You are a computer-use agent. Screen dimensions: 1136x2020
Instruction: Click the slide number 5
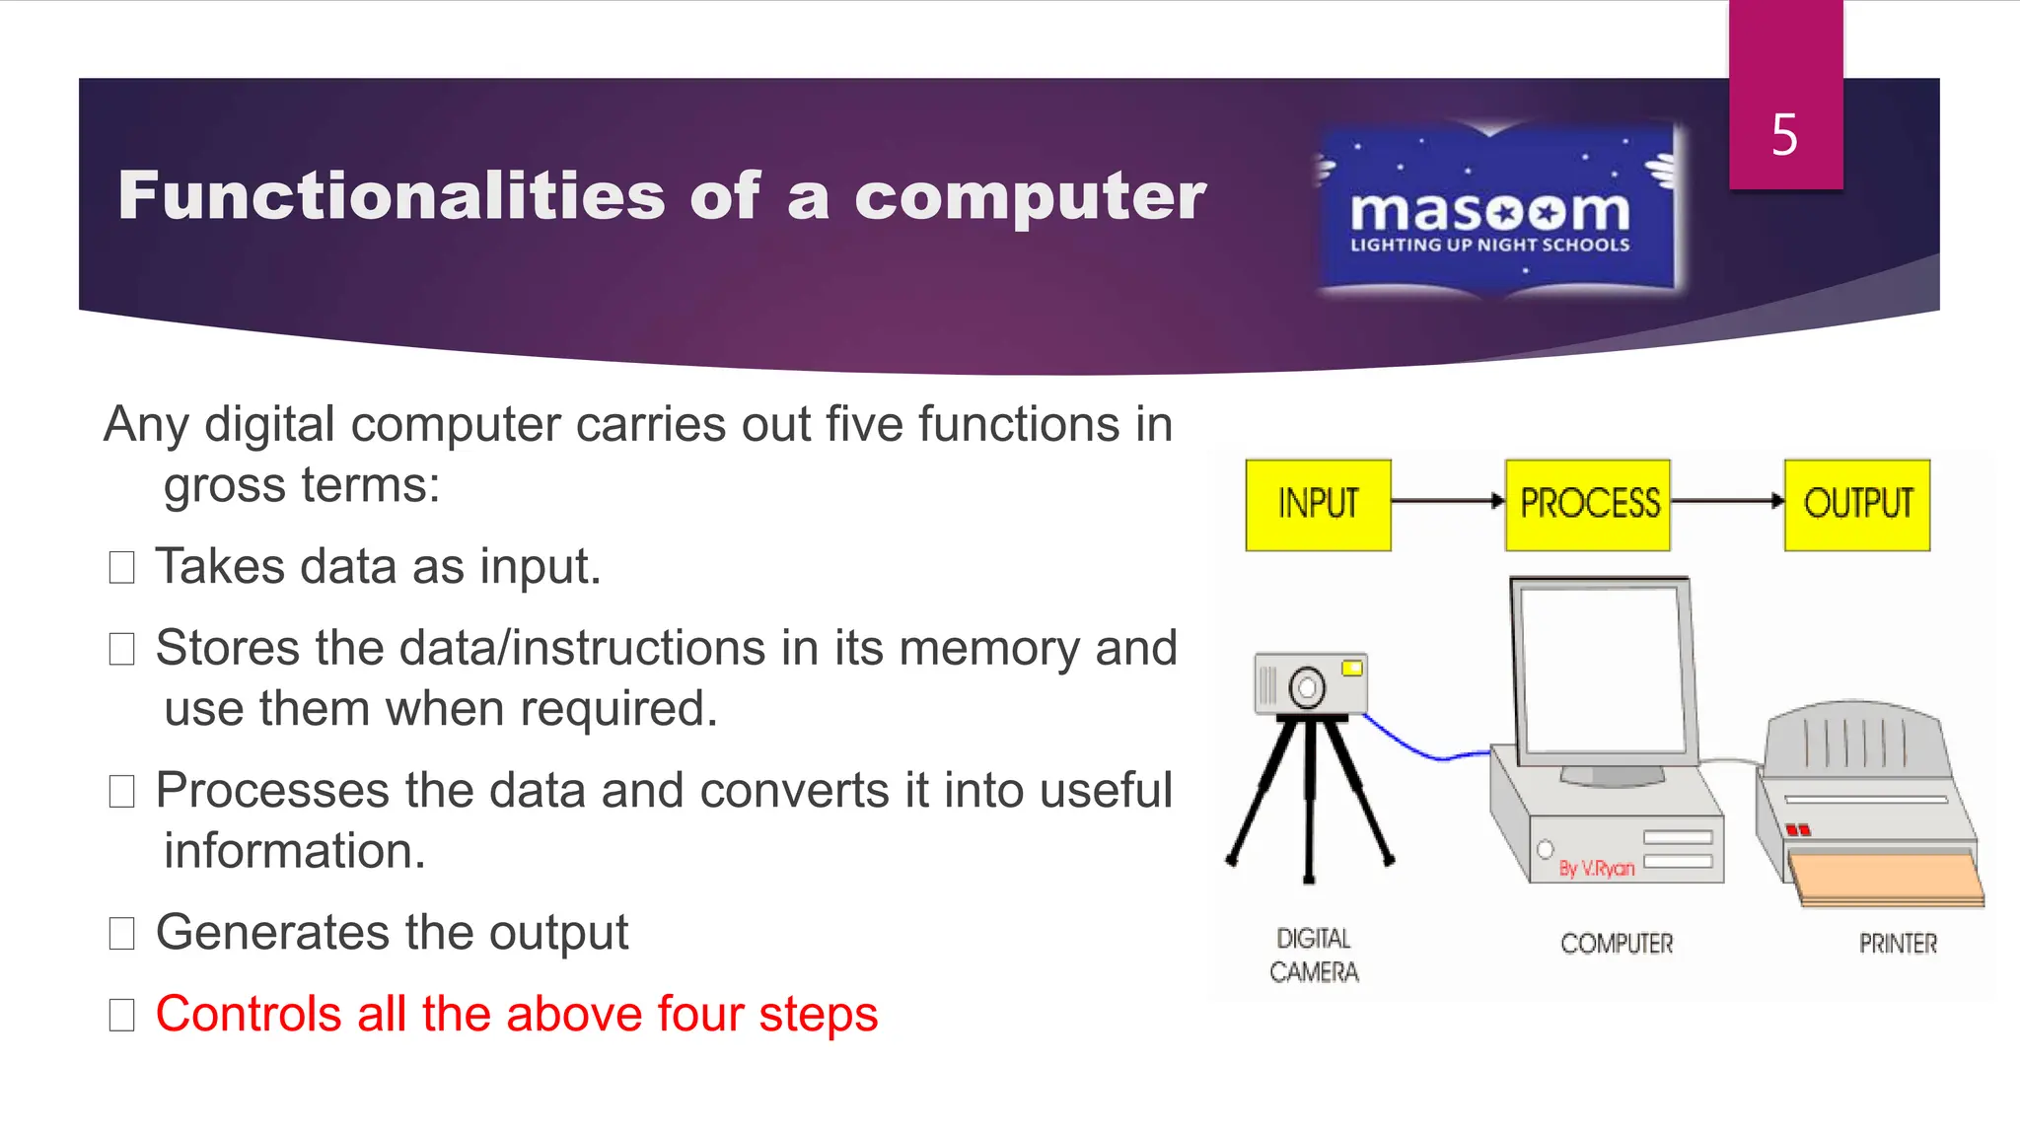pyautogui.click(x=1784, y=134)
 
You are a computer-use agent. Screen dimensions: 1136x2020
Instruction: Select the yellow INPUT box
pyautogui.click(x=1318, y=504)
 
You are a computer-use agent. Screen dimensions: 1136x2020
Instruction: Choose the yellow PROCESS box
pyautogui.click(x=1588, y=504)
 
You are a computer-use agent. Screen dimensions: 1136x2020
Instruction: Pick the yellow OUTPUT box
pyautogui.click(x=1857, y=504)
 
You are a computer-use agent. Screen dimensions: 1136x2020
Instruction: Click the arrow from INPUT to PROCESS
pyautogui.click(x=1447, y=501)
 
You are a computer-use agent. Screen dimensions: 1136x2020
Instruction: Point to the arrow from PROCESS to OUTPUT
pyautogui.click(x=1727, y=501)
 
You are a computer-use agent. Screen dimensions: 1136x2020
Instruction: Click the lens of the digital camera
pyautogui.click(x=1307, y=687)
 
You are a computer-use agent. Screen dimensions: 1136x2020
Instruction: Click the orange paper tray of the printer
pyautogui.click(x=1884, y=879)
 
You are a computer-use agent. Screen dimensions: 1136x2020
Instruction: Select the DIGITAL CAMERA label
pyautogui.click(x=1314, y=955)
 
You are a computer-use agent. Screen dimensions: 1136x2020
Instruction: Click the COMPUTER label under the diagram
pyautogui.click(x=1617, y=944)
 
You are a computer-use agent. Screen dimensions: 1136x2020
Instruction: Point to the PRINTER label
pyautogui.click(x=1898, y=944)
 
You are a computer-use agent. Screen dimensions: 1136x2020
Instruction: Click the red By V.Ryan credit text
pyautogui.click(x=1596, y=868)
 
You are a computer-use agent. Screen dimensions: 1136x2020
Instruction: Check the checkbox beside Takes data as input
pyautogui.click(x=121, y=568)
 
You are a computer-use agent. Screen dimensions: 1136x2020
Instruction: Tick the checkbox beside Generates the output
pyautogui.click(x=121, y=933)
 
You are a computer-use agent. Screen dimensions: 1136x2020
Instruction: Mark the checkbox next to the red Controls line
pyautogui.click(x=121, y=1015)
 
